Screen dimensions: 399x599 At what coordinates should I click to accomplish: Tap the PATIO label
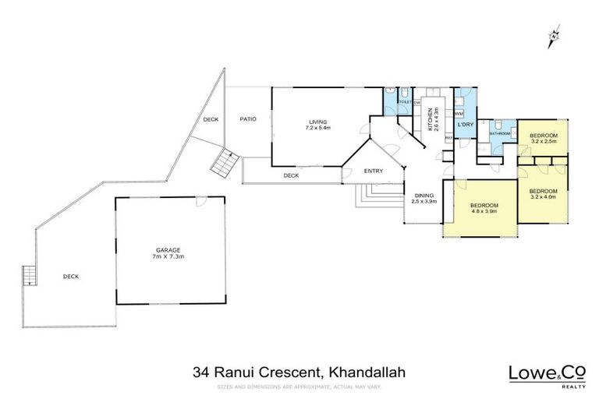point(248,119)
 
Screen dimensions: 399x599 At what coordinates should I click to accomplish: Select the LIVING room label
point(317,122)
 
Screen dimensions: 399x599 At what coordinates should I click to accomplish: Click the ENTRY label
point(373,171)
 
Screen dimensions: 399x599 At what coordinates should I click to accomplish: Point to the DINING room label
point(424,196)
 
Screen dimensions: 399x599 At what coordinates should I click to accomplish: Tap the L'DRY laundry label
point(466,125)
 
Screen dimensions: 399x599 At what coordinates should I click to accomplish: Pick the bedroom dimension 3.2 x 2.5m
point(543,142)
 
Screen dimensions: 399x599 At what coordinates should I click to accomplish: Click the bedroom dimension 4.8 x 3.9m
point(484,210)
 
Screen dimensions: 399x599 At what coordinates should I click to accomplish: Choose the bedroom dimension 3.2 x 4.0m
point(543,197)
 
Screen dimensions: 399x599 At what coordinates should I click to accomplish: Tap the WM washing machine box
point(459,114)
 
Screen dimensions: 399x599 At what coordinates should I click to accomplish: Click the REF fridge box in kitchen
point(448,138)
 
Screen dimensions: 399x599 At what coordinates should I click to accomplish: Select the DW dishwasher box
point(418,103)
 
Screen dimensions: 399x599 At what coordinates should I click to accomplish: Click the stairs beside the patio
point(224,164)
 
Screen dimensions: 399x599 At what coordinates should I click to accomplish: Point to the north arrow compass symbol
point(555,34)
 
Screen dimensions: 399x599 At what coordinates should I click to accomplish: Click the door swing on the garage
point(201,203)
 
